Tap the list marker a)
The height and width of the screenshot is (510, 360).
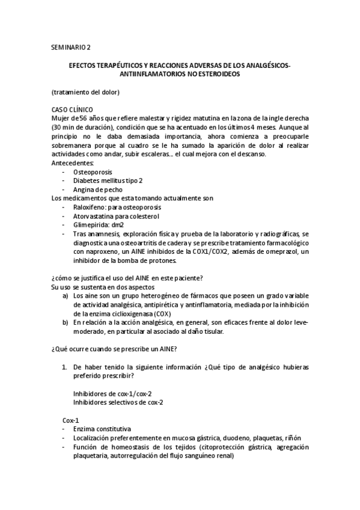click(x=65, y=296)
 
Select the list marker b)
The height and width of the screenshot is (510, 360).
click(x=65, y=322)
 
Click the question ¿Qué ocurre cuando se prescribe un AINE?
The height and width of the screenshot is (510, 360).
click(x=117, y=349)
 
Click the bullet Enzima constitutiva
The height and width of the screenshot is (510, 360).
click(x=102, y=429)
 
